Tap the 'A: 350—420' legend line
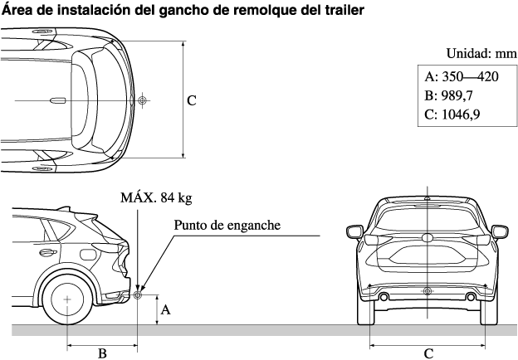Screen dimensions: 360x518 (x=461, y=77)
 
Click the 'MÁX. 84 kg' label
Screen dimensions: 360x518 (x=156, y=197)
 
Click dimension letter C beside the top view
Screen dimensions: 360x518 (x=191, y=100)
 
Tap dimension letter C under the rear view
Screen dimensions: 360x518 (x=428, y=353)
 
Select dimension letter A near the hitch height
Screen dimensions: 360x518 (x=166, y=309)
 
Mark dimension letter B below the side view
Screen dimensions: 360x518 (x=102, y=353)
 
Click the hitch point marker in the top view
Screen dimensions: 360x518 (x=143, y=100)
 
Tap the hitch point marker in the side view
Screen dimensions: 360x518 (x=138, y=293)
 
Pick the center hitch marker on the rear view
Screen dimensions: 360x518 (x=427, y=291)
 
